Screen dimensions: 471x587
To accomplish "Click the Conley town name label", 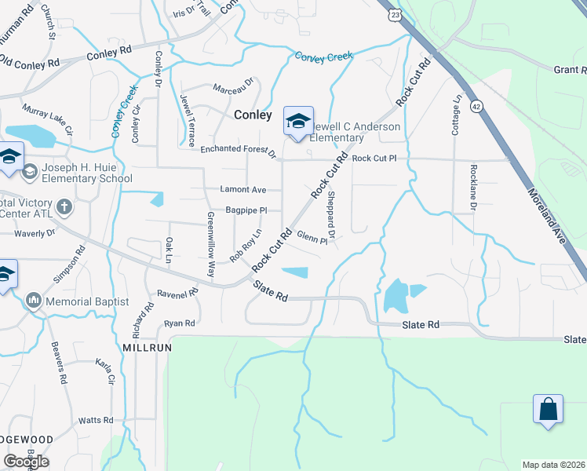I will click(253, 115).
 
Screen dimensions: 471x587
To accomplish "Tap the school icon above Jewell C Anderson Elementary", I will click(298, 121).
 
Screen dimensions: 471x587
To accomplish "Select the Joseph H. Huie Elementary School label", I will click(82, 172).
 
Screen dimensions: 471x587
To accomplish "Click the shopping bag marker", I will click(548, 409).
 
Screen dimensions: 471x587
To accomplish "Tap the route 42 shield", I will click(476, 106).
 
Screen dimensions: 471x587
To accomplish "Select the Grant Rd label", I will click(570, 70).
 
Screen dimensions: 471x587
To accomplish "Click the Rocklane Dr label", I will click(473, 187).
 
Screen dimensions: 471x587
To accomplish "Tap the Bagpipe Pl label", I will click(246, 210).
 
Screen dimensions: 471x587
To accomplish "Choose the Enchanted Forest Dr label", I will click(239, 149).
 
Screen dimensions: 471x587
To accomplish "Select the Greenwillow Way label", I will click(210, 243).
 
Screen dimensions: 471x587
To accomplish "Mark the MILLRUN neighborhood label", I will click(147, 346).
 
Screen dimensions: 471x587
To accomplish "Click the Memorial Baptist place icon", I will click(33, 301).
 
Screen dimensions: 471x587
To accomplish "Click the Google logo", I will click(26, 461).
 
